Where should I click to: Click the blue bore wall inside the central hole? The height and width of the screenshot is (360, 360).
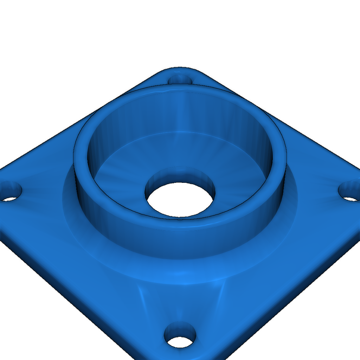tap(180, 175)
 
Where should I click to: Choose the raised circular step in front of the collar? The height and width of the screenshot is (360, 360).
tap(180, 271)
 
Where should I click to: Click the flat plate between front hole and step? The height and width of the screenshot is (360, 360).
tap(180, 302)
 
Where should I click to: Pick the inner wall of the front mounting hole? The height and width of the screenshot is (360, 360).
tap(180, 329)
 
